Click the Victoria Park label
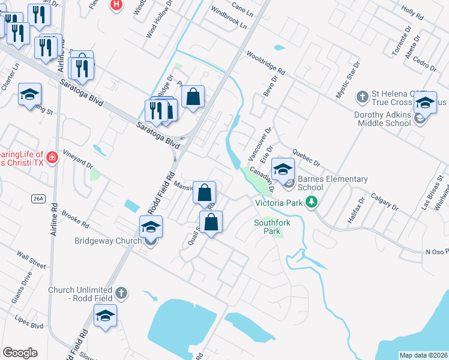279,203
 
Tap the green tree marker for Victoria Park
311,203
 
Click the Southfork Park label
272,226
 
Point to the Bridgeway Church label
107,241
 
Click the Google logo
20,353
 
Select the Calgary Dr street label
384,202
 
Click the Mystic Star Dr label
348,80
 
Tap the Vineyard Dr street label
77,160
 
